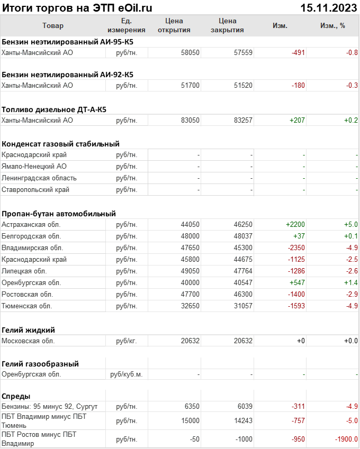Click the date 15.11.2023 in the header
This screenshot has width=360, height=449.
coord(328,8)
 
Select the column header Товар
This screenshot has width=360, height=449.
coord(52,26)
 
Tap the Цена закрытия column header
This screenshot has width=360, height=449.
coord(227,25)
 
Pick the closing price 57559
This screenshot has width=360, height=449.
coord(243,52)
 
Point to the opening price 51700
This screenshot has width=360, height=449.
coord(190,85)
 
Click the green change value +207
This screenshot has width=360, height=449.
coord(297,120)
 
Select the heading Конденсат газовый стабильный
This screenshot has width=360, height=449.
coord(60,143)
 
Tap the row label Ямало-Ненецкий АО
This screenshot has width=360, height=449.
coord(34,166)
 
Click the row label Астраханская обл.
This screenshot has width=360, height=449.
coord(31,224)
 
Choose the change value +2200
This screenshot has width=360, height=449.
coord(295,224)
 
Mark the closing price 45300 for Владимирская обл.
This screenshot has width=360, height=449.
coord(243,248)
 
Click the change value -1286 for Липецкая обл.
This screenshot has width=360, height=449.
coord(296,271)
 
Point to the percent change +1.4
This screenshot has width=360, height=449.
coord(351,282)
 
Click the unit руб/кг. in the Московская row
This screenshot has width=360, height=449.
coord(127,341)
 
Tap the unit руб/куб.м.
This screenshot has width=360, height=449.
coord(127,374)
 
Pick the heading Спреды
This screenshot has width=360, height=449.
coord(16,396)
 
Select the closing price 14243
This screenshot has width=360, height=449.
coord(243,420)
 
